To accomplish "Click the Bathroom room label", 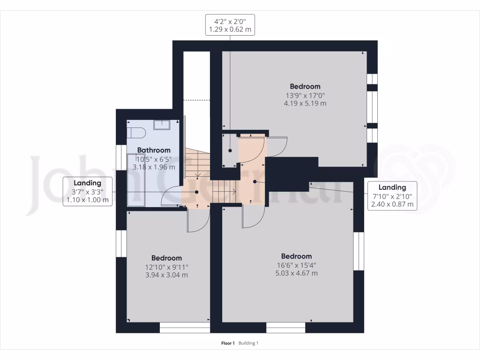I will pos(154,150).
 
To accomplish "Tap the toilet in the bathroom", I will pos(136,133).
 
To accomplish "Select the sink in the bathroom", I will pos(162,124).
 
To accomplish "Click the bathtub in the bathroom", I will pos(137,181).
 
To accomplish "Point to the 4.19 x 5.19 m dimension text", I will pos(305,103).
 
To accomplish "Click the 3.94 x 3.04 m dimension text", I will pos(166,275).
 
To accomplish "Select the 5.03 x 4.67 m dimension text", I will pos(296,273).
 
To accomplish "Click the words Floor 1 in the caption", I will pos(228,343).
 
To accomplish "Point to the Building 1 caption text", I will pos(248,343).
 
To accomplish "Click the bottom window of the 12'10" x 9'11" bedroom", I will pos(185,328).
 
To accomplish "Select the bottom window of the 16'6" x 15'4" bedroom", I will pos(286,328).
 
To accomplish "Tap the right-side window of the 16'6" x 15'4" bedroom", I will pos(359,251).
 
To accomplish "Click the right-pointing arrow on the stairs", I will pos(232,190).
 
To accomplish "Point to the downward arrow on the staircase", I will pos(198,175).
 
